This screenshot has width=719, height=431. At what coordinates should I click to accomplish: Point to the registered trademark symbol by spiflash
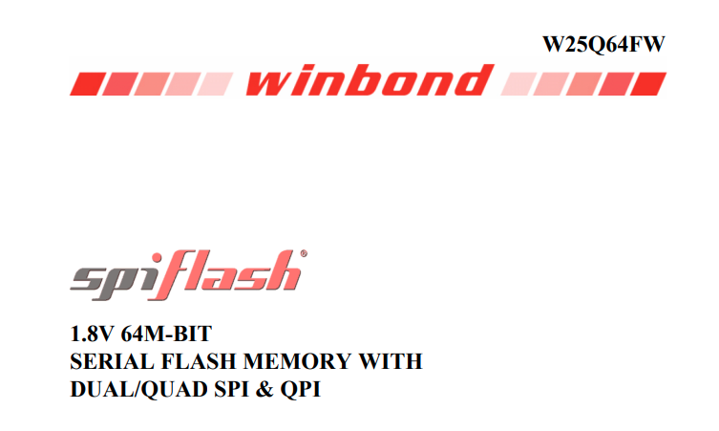tap(305, 254)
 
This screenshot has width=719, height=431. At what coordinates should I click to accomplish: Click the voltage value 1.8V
tap(94, 335)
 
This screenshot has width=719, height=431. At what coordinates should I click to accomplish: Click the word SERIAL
tap(108, 363)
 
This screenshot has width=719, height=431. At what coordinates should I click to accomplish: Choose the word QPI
tap(299, 390)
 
